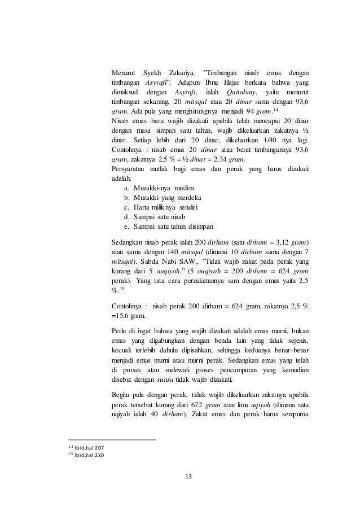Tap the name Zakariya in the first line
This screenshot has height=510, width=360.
point(181,73)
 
